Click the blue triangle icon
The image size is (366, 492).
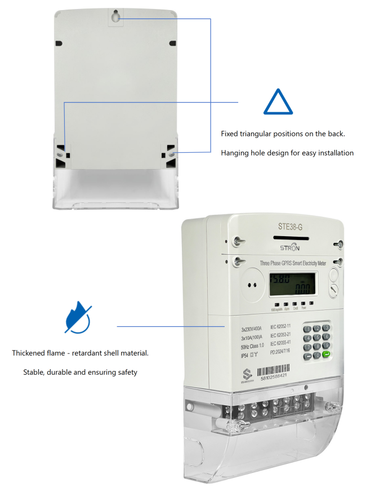click(x=278, y=103)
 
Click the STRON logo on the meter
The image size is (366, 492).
click(x=291, y=247)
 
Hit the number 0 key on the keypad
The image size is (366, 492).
click(x=317, y=355)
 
